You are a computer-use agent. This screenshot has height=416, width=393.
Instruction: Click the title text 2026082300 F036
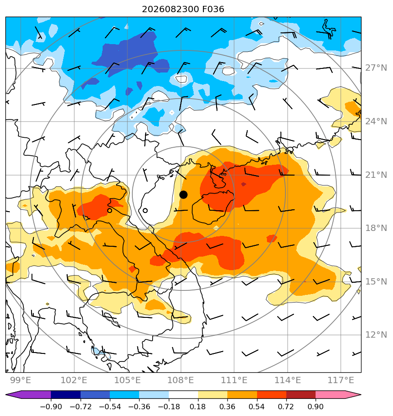183,9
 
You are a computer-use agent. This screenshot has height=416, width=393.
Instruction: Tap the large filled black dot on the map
183,195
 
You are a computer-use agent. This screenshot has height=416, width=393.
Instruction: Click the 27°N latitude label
376,68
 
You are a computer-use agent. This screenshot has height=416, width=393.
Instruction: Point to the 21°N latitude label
376,175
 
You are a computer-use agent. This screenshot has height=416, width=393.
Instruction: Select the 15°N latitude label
376,282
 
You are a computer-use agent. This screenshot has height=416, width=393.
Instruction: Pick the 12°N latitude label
376,335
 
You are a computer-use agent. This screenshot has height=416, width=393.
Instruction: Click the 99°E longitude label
21,380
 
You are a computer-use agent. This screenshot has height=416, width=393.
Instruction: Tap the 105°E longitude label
127,380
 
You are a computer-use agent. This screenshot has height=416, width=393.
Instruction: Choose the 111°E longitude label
234,380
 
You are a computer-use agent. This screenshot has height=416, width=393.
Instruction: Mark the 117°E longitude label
341,380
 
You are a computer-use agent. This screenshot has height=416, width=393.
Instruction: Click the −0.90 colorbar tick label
51,407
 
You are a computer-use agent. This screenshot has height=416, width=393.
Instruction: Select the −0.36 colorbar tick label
139,407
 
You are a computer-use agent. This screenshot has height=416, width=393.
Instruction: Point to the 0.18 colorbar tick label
198,407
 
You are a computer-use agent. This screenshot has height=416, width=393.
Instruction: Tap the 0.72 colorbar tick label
286,407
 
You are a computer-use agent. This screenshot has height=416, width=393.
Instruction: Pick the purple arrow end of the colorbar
28,395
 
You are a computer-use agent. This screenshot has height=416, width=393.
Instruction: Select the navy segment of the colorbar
66,395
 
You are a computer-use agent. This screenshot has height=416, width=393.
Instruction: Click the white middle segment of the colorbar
183,395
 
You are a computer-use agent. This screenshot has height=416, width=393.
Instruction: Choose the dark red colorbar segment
301,395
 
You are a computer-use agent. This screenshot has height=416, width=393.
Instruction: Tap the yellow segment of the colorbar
213,395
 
